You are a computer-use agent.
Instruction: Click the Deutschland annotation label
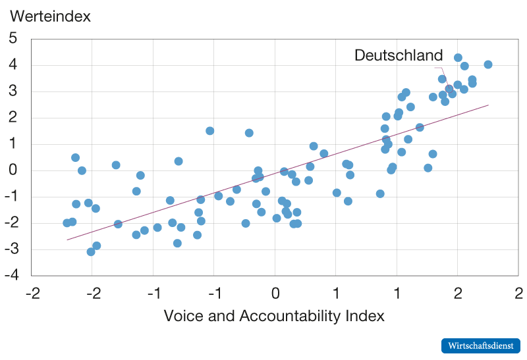(399, 56)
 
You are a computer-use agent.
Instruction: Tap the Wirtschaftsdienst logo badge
(480, 346)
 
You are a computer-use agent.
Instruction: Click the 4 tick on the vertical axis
(13, 65)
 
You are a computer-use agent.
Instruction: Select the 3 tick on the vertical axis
(13, 91)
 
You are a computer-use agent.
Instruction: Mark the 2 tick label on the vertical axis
(13, 118)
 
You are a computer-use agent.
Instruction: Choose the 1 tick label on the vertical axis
(13, 144)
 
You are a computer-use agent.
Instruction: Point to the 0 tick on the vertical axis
(13, 170)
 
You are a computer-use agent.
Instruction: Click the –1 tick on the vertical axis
(11, 197)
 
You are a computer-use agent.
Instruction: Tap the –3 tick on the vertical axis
(11, 249)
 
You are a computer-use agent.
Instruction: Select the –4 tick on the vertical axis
(11, 276)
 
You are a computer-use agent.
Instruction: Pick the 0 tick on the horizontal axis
(275, 292)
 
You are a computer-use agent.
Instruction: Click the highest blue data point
(458, 58)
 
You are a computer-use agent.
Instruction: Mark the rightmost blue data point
(488, 64)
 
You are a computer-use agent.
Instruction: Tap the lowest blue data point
(91, 251)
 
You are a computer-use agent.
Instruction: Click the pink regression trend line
(277, 172)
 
